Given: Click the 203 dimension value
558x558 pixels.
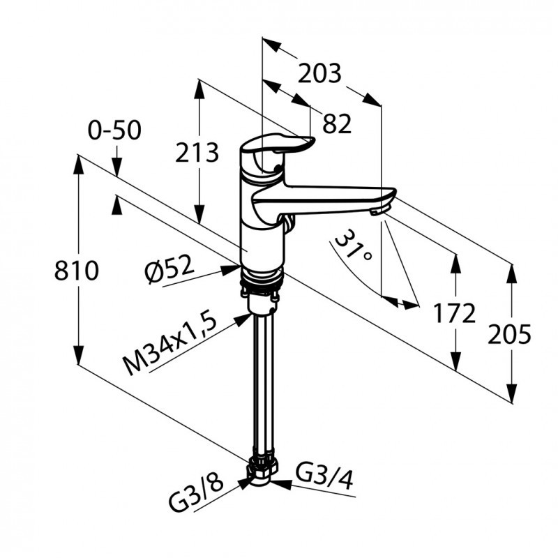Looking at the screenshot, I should click(x=319, y=73).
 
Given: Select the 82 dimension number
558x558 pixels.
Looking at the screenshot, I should click(x=337, y=123).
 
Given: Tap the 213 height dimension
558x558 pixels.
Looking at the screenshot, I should click(x=197, y=152).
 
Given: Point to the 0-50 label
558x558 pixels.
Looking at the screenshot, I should click(x=115, y=130).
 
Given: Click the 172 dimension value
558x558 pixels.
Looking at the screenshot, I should click(x=454, y=313).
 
